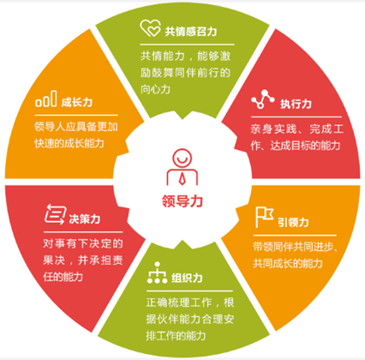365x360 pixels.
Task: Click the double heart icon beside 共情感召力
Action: point(150,28)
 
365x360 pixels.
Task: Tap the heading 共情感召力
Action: point(191,31)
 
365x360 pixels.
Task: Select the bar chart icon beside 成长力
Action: point(46,99)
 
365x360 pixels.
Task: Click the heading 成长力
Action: point(77,102)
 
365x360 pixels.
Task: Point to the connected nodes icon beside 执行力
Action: point(263,99)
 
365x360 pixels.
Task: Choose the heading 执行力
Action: point(296,104)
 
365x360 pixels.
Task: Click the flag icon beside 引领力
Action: point(264,217)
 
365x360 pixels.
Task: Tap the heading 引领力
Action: point(293,222)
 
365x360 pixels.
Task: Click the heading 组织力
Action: point(187,278)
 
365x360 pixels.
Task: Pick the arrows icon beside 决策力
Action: point(56,213)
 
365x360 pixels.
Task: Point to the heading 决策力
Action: point(85,219)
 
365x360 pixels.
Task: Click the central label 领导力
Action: point(182,201)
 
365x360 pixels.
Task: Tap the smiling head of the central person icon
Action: point(182,158)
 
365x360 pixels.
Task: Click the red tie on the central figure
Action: point(182,178)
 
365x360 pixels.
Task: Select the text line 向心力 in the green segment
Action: point(155,89)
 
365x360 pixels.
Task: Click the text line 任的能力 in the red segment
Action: point(63,277)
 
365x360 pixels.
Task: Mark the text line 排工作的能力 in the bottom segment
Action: point(176,335)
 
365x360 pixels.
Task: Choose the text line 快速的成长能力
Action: point(69,143)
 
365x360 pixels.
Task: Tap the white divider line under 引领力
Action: point(295,236)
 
